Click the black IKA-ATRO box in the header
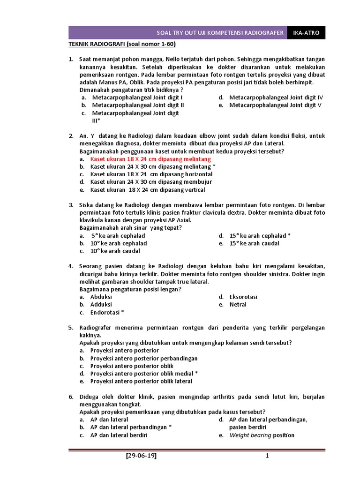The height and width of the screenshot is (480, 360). tap(306, 33)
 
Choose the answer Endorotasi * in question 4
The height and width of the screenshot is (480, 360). tap(107, 312)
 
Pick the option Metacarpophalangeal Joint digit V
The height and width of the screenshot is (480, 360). tap(275, 105)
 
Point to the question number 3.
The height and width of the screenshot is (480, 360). tap(71, 205)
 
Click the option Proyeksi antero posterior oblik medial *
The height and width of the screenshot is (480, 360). tap(144, 373)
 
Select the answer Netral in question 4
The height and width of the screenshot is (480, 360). tap(238, 304)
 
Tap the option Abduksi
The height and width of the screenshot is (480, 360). tap(101, 297)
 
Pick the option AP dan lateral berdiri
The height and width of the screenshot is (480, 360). tap(119, 435)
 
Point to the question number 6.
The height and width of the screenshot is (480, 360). tap(71, 397)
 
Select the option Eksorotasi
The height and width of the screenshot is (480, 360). tap(243, 297)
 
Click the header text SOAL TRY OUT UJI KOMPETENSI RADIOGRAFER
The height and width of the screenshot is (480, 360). tap(220, 33)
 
